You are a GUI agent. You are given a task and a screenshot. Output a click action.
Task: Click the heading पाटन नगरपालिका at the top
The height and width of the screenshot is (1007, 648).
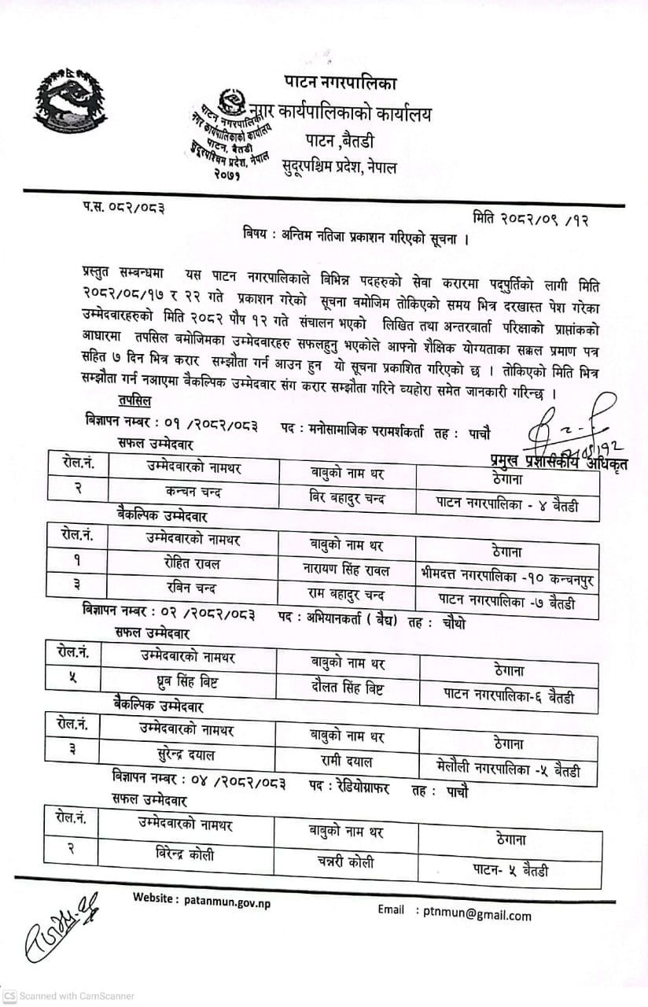[x=341, y=82]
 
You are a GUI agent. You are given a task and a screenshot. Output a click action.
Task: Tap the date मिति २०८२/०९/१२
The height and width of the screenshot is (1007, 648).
[x=531, y=218]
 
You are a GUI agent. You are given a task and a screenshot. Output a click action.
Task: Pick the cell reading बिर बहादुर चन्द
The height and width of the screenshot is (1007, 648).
[x=347, y=497]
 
